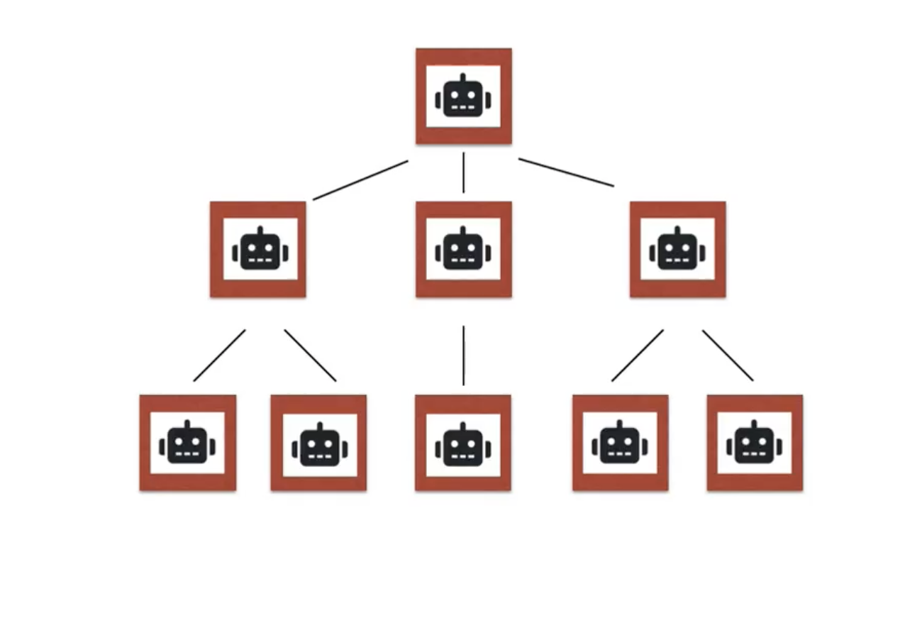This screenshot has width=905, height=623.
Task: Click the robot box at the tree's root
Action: tap(463, 96)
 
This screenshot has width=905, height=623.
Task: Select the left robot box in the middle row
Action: tap(258, 249)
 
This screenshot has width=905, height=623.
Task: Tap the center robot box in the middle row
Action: tap(463, 249)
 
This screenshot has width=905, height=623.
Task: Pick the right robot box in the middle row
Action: tap(677, 249)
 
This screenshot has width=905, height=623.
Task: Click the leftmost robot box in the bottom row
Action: tap(188, 443)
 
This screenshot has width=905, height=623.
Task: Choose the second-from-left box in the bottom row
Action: tap(318, 443)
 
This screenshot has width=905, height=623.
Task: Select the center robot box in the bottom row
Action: tap(463, 443)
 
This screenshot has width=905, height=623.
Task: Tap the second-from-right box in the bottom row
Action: tap(620, 443)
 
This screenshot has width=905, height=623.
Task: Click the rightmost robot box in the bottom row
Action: tap(755, 443)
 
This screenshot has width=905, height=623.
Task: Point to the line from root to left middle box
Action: tap(360, 180)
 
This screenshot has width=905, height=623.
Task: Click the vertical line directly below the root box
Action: tap(463, 172)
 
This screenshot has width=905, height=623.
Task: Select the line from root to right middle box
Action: tap(566, 172)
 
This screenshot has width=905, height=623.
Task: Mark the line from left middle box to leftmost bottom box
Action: tap(219, 355)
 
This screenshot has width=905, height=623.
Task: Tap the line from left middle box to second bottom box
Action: tap(310, 355)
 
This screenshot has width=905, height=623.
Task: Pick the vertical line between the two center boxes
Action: tap(463, 355)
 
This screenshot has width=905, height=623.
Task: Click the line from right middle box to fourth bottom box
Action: tap(638, 355)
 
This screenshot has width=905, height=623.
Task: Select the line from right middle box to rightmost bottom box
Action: tap(728, 355)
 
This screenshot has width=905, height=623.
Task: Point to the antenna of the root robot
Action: tap(463, 77)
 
